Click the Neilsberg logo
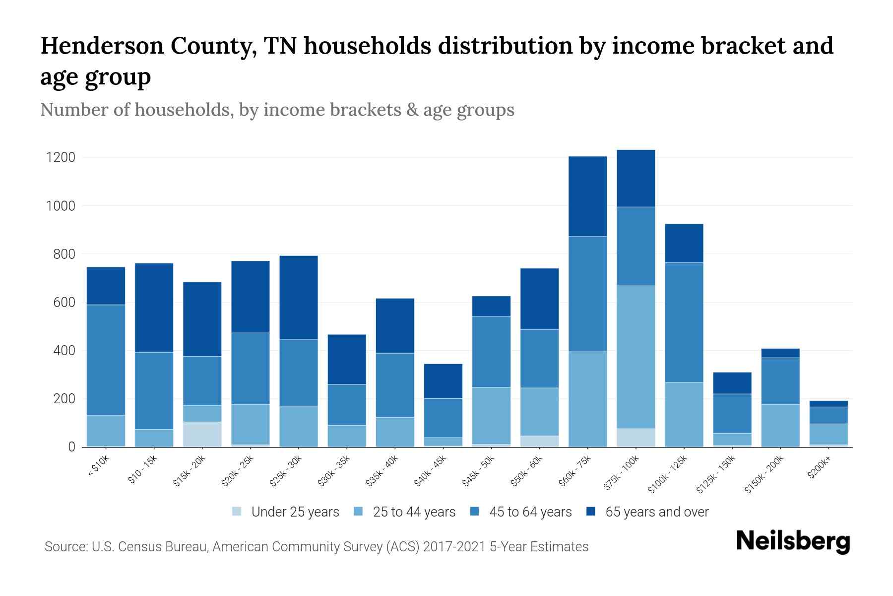tap(793, 541)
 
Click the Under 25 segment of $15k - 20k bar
tap(202, 434)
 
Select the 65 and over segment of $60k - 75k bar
tap(587, 196)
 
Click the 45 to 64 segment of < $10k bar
tap(106, 360)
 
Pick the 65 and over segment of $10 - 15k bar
tap(154, 307)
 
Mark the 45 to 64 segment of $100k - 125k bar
tap(684, 322)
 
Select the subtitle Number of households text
tap(277, 110)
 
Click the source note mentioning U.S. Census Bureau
tap(316, 547)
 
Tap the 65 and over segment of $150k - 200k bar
tap(780, 353)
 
